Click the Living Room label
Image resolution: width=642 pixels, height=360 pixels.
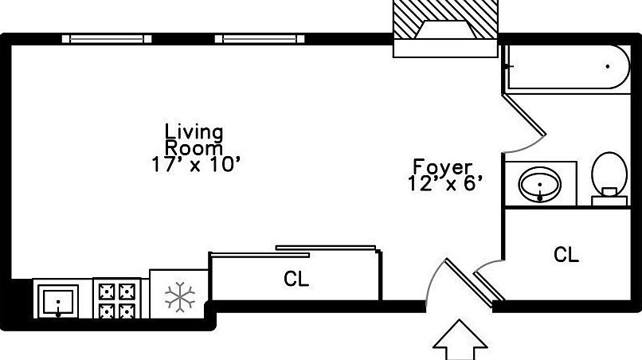point(194,139)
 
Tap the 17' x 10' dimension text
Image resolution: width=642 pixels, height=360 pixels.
point(195,165)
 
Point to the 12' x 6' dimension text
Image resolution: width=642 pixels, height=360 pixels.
point(444,184)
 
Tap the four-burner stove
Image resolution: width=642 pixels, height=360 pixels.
point(117,299)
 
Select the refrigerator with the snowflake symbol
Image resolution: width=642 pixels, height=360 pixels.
point(179,297)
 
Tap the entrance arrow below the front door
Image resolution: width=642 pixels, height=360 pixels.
point(460,340)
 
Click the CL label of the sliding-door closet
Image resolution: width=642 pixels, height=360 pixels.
point(296,280)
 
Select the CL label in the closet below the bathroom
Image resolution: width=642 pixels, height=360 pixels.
point(566,255)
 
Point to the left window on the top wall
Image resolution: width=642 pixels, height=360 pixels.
point(107,38)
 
